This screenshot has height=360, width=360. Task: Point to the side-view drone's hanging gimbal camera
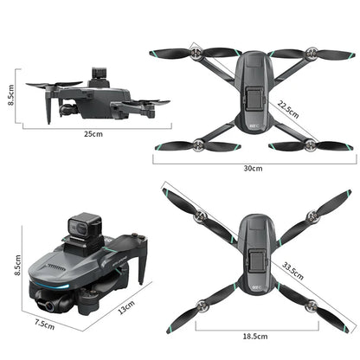(x=67, y=106)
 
